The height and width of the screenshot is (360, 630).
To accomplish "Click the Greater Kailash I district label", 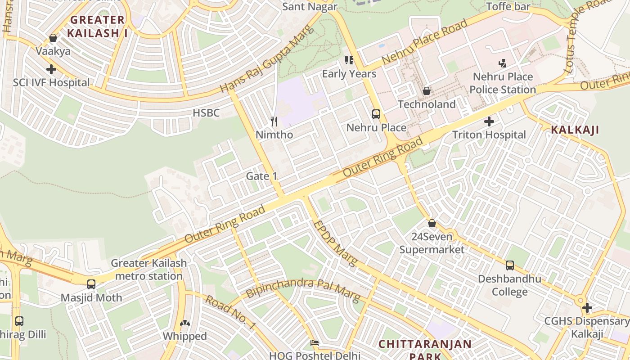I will pyautogui.click(x=97, y=26).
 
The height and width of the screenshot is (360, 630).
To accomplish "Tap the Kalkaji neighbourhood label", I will pyautogui.click(x=575, y=130).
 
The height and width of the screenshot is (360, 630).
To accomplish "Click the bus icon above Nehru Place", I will pyautogui.click(x=376, y=114).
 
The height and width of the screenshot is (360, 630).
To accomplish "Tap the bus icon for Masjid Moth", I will pyautogui.click(x=91, y=284).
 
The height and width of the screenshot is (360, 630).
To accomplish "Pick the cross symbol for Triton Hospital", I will pyautogui.click(x=489, y=121).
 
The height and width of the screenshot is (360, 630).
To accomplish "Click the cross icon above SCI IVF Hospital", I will pyautogui.click(x=51, y=69).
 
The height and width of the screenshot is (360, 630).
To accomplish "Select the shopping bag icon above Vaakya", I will pyautogui.click(x=53, y=38).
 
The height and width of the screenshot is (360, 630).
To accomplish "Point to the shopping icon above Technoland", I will pyautogui.click(x=427, y=91).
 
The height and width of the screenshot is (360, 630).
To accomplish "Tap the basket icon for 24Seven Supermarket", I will pyautogui.click(x=432, y=223).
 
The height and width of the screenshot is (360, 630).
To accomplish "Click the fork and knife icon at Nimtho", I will pyautogui.click(x=274, y=121).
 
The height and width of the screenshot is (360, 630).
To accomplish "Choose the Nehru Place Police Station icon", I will pyautogui.click(x=502, y=63).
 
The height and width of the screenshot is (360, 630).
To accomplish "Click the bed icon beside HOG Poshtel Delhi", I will pyautogui.click(x=315, y=343).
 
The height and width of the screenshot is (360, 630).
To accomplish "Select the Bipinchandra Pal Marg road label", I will pyautogui.click(x=302, y=289).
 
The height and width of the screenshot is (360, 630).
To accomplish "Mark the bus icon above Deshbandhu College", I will pyautogui.click(x=509, y=265).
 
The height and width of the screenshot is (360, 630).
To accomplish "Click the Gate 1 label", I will pyautogui.click(x=261, y=176).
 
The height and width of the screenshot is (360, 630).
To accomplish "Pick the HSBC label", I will pyautogui.click(x=206, y=113).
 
